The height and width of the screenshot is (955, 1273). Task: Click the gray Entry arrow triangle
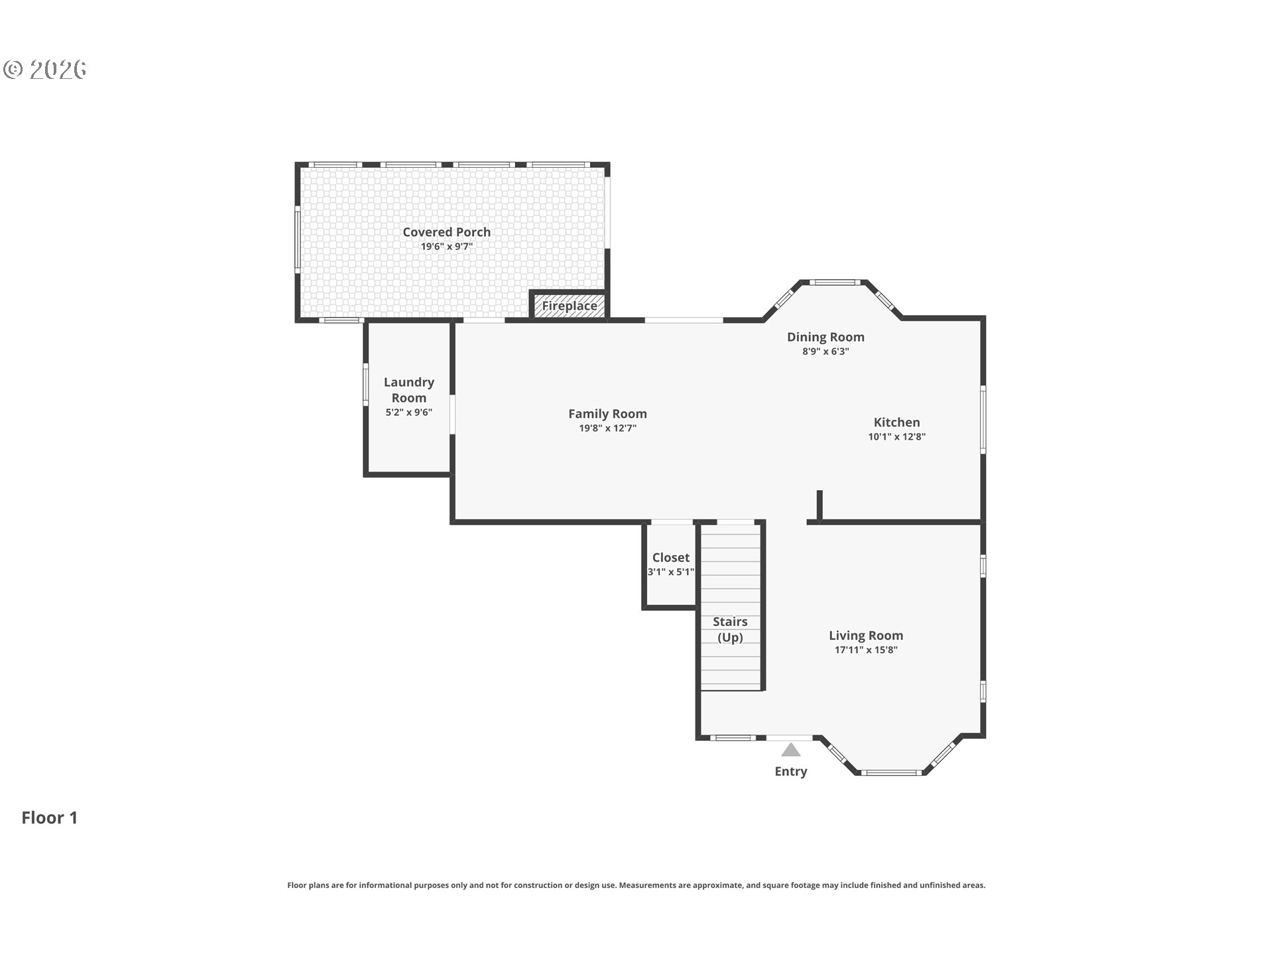click(790, 749)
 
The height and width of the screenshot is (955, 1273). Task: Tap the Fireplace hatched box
click(570, 306)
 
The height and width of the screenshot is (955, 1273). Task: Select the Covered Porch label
click(446, 232)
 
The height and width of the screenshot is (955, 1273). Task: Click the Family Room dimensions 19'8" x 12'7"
click(607, 428)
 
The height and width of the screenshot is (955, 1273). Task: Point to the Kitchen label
click(896, 422)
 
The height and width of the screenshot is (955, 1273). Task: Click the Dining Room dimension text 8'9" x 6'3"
click(825, 351)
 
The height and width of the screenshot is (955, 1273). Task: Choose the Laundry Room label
click(409, 390)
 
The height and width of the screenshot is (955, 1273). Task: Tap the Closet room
click(670, 564)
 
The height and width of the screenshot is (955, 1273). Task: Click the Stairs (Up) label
click(730, 629)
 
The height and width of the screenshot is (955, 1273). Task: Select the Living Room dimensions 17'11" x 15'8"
click(866, 650)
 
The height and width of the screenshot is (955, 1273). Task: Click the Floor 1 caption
click(50, 818)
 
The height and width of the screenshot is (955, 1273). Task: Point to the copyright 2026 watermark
click(45, 69)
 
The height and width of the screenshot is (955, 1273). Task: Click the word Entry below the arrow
click(791, 771)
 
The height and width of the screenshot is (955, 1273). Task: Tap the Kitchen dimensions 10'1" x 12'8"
click(896, 437)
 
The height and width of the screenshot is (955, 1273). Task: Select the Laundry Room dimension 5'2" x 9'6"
click(409, 413)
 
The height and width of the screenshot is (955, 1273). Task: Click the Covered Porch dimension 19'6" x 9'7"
click(446, 247)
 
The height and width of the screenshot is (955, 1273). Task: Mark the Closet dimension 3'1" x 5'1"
click(670, 572)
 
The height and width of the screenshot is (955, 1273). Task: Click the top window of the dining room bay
click(835, 283)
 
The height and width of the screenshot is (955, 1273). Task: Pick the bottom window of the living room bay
click(892, 773)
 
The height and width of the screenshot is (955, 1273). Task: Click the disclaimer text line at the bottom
click(636, 885)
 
